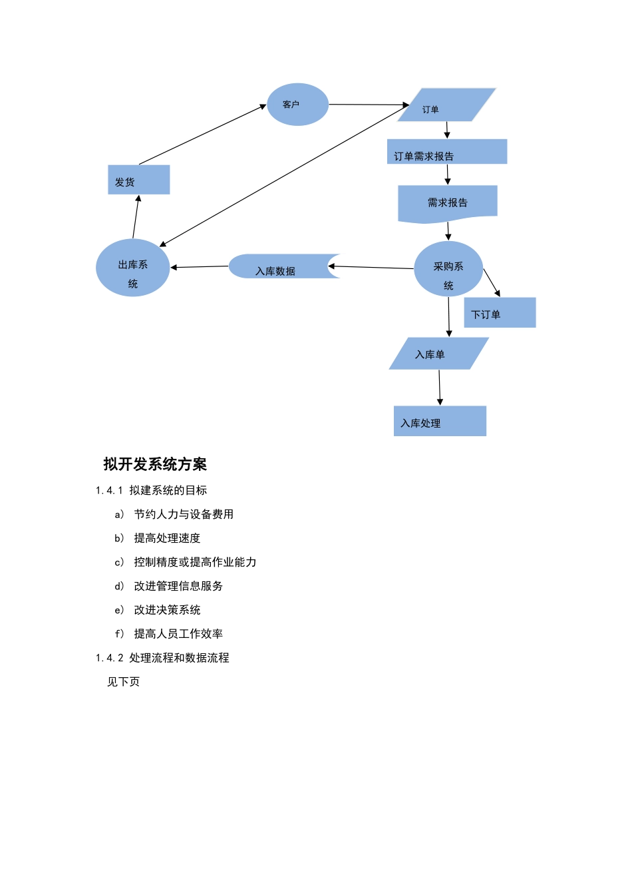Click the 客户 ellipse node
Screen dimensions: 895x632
pos(297,105)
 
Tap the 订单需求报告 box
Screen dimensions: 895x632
pos(447,152)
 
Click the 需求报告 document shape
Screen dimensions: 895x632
pos(447,202)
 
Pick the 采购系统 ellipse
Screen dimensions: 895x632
pos(448,269)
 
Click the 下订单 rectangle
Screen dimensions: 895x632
pos(500,313)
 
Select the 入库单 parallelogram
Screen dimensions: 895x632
pos(438,354)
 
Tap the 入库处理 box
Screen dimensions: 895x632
pos(440,422)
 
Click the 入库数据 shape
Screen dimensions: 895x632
pos(279,266)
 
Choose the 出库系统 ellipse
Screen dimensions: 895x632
pos(132,268)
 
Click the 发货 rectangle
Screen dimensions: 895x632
pos(138,180)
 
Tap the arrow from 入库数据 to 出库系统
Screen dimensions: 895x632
pos(200,267)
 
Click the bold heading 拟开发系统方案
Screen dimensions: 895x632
pos(155,464)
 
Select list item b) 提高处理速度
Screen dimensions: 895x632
pos(166,538)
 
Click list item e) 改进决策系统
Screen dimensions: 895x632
pos(166,610)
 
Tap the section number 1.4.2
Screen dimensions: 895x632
pos(109,658)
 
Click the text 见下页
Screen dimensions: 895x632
pos(123,682)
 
